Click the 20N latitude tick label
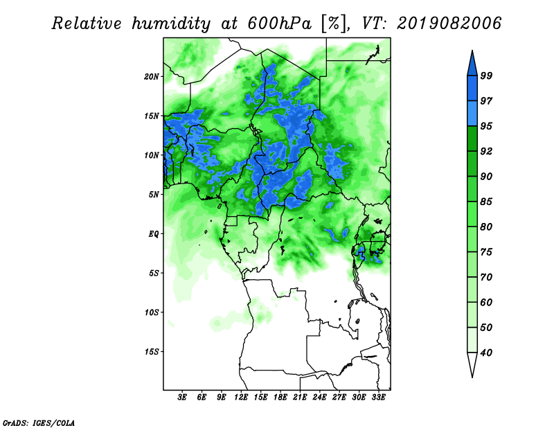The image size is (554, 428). pyautogui.click(x=152, y=77)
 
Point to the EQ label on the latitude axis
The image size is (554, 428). pyautogui.click(x=154, y=234)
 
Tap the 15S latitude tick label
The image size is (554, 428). pyautogui.click(x=152, y=352)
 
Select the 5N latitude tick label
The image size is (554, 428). pyautogui.click(x=154, y=195)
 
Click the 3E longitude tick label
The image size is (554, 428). pyautogui.click(x=182, y=398)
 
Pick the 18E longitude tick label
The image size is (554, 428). pyautogui.click(x=280, y=398)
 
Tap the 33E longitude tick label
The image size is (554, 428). pyautogui.click(x=378, y=398)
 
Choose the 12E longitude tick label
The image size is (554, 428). pyautogui.click(x=240, y=398)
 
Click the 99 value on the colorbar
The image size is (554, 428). pyautogui.click(x=486, y=75)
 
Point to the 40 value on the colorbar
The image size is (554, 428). pyautogui.click(x=486, y=353)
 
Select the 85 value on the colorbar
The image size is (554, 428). pyautogui.click(x=486, y=202)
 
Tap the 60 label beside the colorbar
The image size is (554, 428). pyautogui.click(x=486, y=302)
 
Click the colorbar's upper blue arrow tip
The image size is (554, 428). pyautogui.click(x=472, y=51)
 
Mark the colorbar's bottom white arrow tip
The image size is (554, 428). pyautogui.click(x=472, y=377)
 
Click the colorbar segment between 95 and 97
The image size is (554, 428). pyautogui.click(x=472, y=114)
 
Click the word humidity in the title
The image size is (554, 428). pyautogui.click(x=171, y=24)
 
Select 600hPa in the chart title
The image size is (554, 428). pyautogui.click(x=280, y=24)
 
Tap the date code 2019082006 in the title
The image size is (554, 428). pyautogui.click(x=449, y=24)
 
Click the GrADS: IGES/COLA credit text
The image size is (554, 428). pyautogui.click(x=39, y=422)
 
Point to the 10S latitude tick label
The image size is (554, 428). pyautogui.click(x=152, y=312)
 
